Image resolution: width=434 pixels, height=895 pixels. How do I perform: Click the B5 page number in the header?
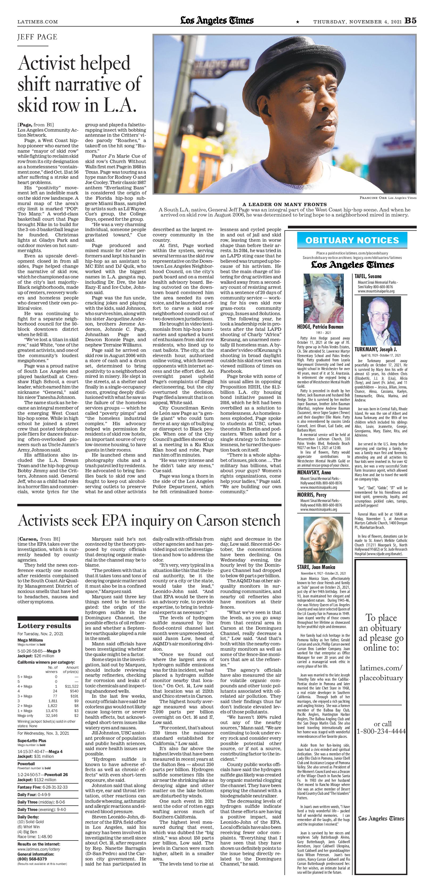(x=410, y=21)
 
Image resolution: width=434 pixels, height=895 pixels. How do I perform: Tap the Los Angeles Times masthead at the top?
(x=217, y=21)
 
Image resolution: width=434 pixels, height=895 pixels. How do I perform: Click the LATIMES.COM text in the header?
(x=38, y=22)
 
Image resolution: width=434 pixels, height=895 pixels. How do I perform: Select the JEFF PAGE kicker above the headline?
(x=37, y=37)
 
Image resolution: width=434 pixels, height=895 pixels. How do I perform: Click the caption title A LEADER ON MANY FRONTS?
(x=284, y=204)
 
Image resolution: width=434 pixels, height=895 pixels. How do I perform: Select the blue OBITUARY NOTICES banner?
(x=352, y=240)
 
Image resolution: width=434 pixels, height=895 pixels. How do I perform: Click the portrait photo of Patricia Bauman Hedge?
(x=319, y=298)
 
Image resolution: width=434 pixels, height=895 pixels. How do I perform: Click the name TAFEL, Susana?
(x=368, y=276)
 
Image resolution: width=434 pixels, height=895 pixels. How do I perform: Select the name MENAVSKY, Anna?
(x=314, y=472)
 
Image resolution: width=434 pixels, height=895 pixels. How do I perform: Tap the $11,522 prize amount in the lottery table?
(x=72, y=687)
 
